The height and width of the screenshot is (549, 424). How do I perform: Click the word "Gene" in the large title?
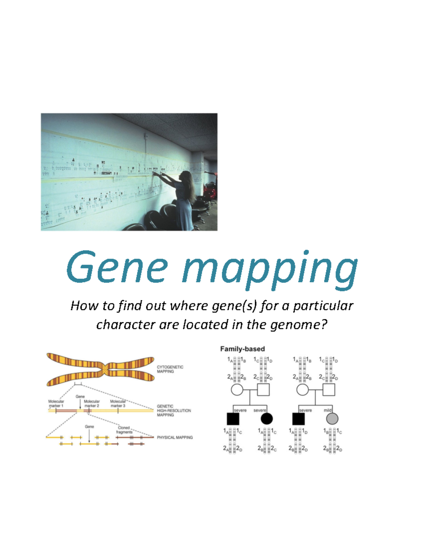tap(117, 267)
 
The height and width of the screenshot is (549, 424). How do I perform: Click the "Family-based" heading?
tap(242, 349)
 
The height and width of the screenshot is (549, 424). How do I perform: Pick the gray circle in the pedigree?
tap(332, 419)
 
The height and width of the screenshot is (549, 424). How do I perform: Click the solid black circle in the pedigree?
tap(267, 419)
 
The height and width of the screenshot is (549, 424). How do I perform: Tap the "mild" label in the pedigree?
tap(328, 410)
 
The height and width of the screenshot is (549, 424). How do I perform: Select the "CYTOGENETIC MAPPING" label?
tap(170, 369)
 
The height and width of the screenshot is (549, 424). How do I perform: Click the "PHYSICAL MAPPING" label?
tap(175, 437)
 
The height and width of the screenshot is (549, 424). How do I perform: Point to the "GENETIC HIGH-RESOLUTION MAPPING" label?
tap(173, 411)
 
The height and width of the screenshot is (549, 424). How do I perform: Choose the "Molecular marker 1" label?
tap(56, 403)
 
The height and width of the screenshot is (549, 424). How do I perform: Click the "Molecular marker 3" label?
tap(118, 403)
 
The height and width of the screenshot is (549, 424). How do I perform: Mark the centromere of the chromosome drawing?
tap(105, 370)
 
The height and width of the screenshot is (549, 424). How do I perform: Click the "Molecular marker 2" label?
tap(92, 403)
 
